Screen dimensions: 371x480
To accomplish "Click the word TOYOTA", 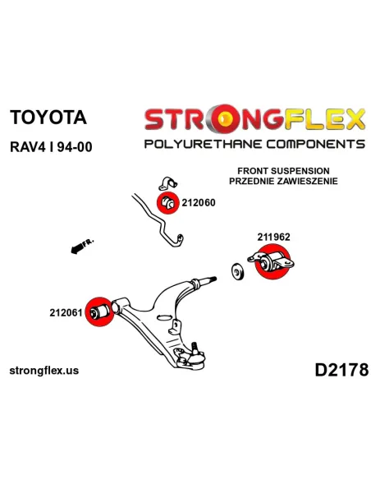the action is coord(48,118).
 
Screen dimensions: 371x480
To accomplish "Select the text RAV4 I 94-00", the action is coord(51,147).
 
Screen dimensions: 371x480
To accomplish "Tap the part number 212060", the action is coord(199,203).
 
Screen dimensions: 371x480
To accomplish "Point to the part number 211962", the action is coord(273,237).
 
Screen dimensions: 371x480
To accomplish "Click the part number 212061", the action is coord(66,312).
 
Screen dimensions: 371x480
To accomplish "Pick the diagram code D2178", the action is coord(341,370).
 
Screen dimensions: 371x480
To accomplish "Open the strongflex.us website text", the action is coord(44,371).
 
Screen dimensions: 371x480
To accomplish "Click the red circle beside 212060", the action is coord(167,202).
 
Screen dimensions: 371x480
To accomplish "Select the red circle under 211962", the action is coord(273,261).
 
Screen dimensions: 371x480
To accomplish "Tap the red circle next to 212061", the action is coord(99,312).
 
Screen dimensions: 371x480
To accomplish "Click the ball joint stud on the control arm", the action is coord(194,348).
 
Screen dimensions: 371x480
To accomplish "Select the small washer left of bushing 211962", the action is coord(237,271).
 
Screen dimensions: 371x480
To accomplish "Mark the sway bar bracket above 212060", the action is coord(167,183).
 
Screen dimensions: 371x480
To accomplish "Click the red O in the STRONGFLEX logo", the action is coord(225,119).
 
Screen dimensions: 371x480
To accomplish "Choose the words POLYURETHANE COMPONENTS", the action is coord(254,144).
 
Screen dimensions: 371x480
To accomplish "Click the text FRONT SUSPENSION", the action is coord(283,171).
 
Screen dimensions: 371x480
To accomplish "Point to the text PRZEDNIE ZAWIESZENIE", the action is coord(283,181).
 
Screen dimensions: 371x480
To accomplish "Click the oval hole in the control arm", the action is coord(164,318).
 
